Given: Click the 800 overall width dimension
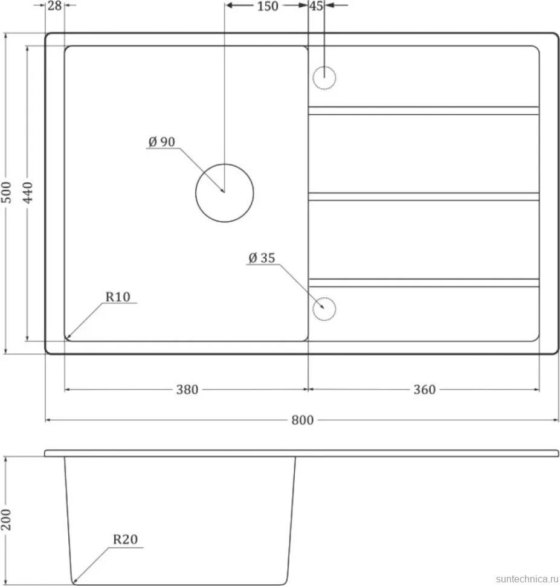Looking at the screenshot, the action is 302,420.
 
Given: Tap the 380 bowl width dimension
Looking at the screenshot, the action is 187,390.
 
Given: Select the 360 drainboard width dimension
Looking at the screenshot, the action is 424,390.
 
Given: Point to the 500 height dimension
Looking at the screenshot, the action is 7,192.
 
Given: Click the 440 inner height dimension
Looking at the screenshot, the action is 28,192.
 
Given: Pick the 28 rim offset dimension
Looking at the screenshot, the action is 54,5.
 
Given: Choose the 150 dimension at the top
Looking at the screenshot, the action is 268,6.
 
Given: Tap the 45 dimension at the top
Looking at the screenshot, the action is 317,6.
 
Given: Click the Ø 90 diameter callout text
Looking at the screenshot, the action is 161,141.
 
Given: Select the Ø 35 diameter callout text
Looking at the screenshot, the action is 262,258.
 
